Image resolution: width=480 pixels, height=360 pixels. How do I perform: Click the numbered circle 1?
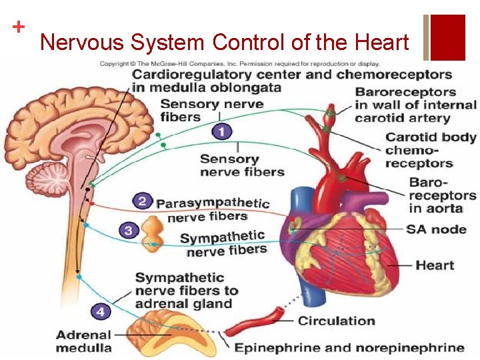pyautogui.click(x=222, y=132)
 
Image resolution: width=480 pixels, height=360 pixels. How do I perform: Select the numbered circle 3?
pyautogui.click(x=130, y=231)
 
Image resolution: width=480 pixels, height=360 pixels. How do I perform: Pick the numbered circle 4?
pyautogui.click(x=101, y=311)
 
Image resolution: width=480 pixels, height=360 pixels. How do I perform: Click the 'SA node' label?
pyautogui.click(x=437, y=229)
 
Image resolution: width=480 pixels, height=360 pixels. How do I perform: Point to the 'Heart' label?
pyautogui.click(x=435, y=265)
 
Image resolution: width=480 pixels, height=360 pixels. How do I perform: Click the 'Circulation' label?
pyautogui.click(x=337, y=321)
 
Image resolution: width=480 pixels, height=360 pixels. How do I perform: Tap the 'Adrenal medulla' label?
pyautogui.click(x=84, y=341)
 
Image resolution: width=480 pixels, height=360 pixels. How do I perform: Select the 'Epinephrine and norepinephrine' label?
pyautogui.click(x=349, y=347)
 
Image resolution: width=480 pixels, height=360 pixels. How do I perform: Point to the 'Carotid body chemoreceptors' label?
pyautogui.click(x=431, y=150)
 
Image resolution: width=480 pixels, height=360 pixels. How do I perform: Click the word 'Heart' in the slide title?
pyautogui.click(x=379, y=43)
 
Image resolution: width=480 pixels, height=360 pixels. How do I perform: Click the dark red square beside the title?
pyautogui.click(x=448, y=37)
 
